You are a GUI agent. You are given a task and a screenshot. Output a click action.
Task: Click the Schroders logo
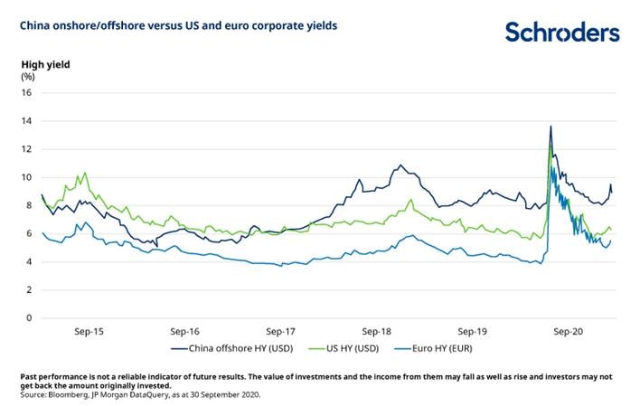click(x=561, y=33)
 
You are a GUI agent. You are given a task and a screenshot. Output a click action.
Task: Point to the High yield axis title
click(x=45, y=64)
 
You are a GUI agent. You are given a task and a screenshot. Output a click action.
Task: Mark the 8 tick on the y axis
click(x=28, y=205)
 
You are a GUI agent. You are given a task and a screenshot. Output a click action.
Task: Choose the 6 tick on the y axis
click(x=28, y=233)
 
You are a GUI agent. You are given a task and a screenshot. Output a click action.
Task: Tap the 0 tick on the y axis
click(x=28, y=318)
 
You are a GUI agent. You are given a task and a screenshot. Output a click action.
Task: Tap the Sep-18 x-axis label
click(x=378, y=332)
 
